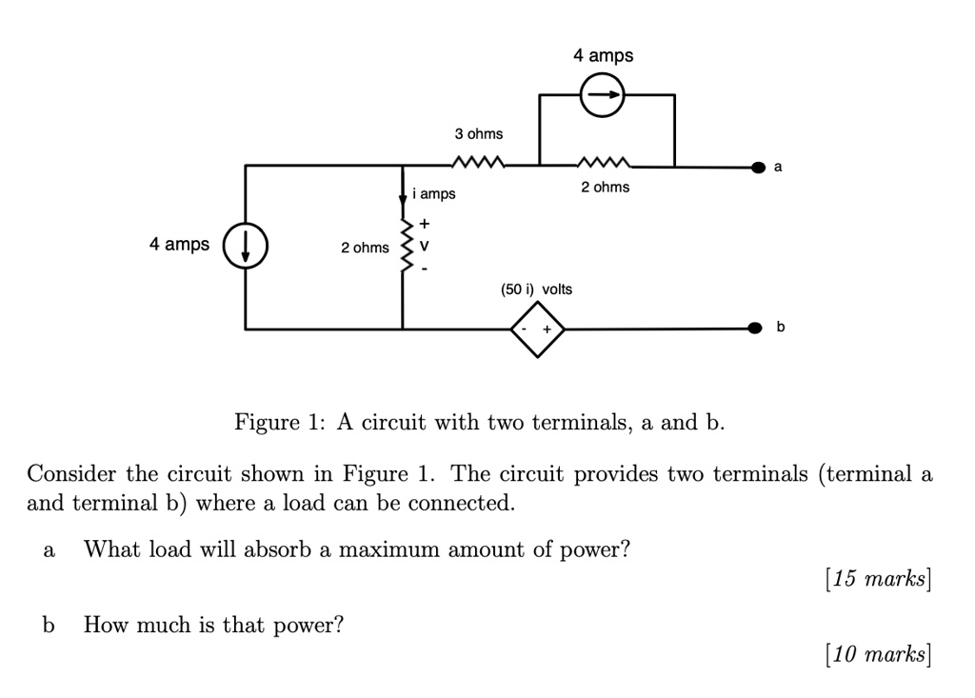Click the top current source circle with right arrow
[603, 95]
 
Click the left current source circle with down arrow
[246, 247]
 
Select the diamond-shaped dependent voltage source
[538, 329]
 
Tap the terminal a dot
[758, 168]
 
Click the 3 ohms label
[478, 133]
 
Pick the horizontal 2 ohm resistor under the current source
[606, 163]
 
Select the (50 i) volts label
[537, 289]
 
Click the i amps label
[434, 194]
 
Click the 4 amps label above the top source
[603, 56]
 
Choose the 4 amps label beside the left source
[179, 245]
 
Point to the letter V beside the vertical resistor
[425, 246]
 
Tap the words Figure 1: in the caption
[275, 422]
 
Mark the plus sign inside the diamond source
[547, 329]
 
